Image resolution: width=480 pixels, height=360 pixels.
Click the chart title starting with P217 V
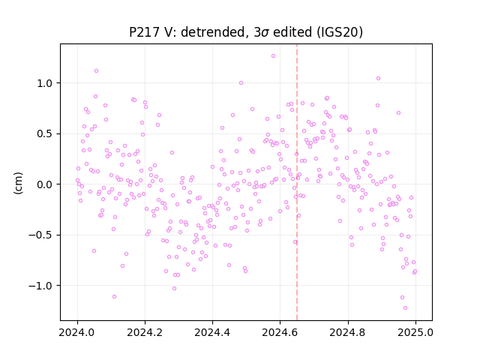point(246,32)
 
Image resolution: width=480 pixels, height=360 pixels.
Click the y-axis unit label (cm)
point(18,183)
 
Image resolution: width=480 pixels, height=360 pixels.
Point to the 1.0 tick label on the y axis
point(45,83)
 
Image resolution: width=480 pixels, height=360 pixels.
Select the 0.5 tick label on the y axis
point(45,133)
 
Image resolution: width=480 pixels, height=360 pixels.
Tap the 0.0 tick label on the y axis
point(45,184)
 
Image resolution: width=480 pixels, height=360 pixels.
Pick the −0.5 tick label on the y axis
point(40,235)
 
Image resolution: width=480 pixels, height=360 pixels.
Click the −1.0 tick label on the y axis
point(40,286)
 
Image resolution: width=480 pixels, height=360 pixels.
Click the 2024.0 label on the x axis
point(77,332)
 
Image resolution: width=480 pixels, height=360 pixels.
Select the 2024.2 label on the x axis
point(145,332)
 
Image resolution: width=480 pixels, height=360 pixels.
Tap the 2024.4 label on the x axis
point(212,332)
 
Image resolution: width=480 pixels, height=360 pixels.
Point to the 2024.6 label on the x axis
point(280,332)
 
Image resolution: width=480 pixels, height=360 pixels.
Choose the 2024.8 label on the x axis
point(347,332)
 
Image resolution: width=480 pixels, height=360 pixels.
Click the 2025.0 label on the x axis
point(415,332)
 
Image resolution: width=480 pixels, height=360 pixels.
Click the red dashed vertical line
point(297,182)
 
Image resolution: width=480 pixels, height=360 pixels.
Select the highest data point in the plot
point(273,56)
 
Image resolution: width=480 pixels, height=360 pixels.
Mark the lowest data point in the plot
point(405,308)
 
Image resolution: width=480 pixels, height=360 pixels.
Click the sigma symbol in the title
point(265,33)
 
